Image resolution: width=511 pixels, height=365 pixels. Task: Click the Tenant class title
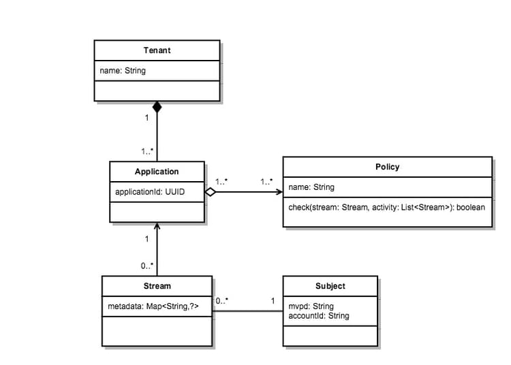click(x=157, y=50)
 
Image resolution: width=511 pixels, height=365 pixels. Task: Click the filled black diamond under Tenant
click(x=157, y=107)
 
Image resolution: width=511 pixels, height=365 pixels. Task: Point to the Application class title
click(x=157, y=172)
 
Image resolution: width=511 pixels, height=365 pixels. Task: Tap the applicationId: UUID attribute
click(x=150, y=192)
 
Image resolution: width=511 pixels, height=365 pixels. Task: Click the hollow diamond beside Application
click(x=211, y=193)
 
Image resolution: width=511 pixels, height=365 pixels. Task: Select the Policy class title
click(x=387, y=167)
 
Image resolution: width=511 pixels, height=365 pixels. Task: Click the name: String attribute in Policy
click(x=311, y=187)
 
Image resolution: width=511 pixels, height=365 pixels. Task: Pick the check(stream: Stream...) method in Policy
click(x=386, y=206)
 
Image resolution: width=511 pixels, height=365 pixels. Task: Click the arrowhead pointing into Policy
click(x=279, y=193)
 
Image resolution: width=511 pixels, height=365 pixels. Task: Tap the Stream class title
click(x=157, y=286)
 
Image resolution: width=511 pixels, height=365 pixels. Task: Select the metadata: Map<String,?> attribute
click(x=153, y=307)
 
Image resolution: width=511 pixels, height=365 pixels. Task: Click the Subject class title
click(x=330, y=286)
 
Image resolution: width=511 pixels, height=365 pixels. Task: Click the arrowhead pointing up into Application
click(x=157, y=226)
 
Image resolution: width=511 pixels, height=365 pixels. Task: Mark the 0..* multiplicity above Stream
click(x=147, y=266)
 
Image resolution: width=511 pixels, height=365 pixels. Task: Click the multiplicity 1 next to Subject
click(x=273, y=300)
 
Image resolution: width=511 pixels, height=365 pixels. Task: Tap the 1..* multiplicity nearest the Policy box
click(x=266, y=182)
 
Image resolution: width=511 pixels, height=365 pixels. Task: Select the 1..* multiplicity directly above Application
click(x=147, y=151)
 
